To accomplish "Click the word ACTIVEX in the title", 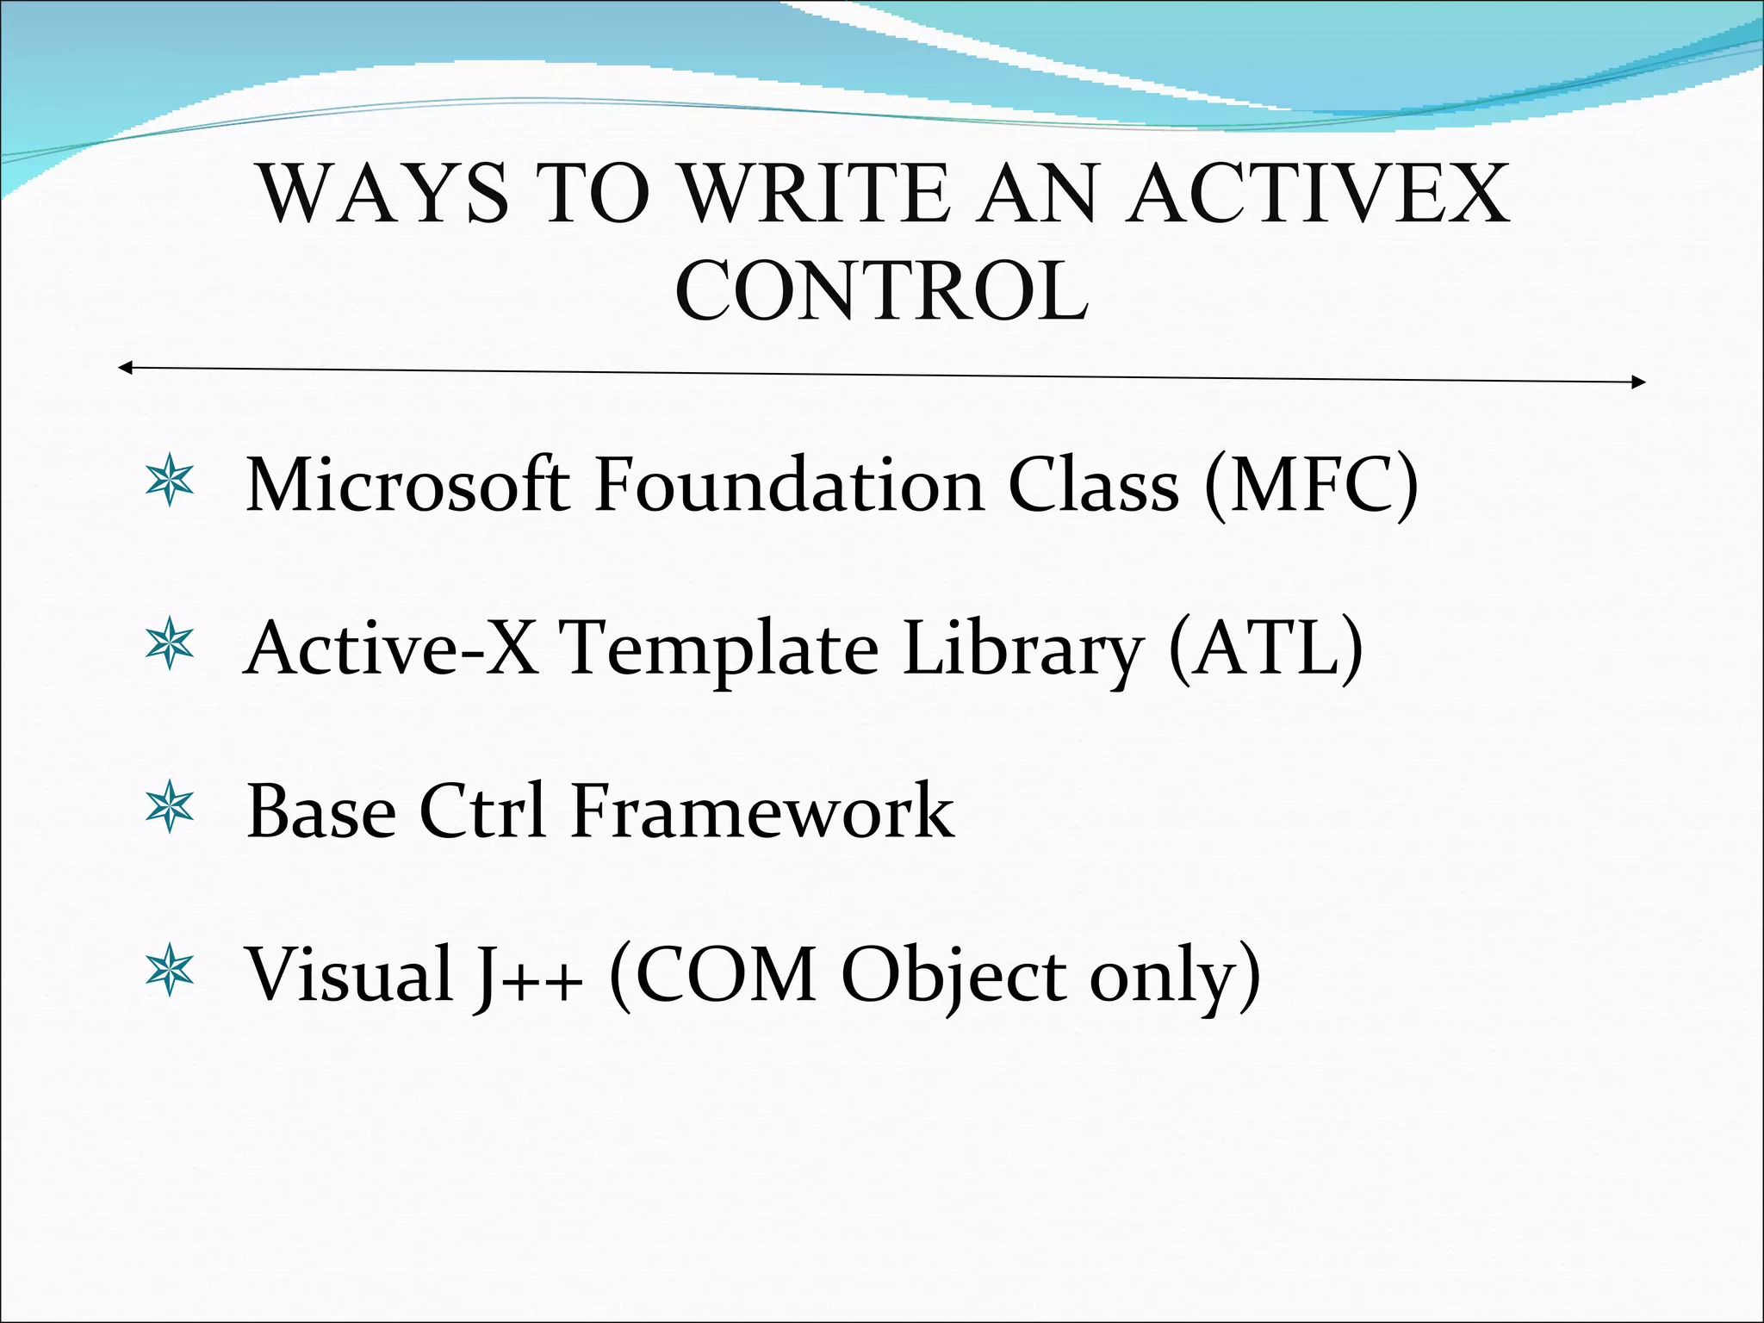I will tap(1318, 194).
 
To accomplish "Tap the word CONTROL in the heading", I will tap(881, 291).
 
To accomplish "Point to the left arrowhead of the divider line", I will tap(125, 369).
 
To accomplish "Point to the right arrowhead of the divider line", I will tap(1638, 382).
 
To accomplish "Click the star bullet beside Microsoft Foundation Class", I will tap(170, 482).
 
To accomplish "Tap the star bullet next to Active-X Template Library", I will tap(170, 644).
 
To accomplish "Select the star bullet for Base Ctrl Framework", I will tap(170, 808).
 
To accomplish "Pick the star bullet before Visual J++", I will tap(170, 971).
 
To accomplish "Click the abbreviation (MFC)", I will tap(1311, 485).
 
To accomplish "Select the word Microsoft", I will tap(407, 485).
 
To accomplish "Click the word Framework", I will tap(761, 811).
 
